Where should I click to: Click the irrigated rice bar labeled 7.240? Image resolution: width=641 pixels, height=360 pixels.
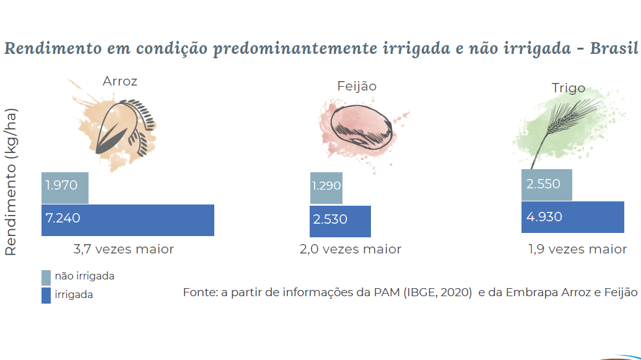128,220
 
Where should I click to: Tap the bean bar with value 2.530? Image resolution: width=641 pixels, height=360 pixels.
340,221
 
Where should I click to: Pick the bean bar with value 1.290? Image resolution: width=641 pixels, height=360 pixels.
326,188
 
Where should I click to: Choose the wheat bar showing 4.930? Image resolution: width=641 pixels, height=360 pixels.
572,217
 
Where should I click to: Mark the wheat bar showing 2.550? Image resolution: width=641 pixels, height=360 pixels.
546,185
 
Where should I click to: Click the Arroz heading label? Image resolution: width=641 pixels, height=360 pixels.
120,81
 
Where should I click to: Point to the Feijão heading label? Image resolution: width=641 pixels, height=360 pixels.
357,86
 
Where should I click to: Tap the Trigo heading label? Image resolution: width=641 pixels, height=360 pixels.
568,88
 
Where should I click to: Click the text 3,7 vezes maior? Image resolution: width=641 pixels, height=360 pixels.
124,249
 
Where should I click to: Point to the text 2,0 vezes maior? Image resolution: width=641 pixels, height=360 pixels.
351,249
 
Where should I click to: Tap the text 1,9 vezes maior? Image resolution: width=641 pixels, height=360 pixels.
577,249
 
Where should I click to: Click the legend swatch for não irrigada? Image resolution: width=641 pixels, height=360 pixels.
46,277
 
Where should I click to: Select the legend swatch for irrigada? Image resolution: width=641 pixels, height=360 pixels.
46,296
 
